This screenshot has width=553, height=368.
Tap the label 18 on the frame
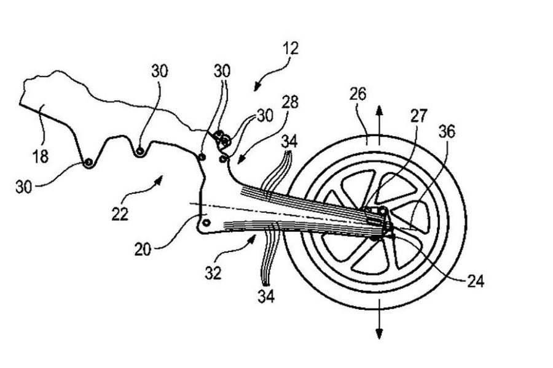40,156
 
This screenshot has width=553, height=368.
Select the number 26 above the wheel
358,94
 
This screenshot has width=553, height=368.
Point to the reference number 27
418,116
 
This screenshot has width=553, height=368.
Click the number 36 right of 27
447,131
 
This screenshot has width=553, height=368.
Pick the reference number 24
476,281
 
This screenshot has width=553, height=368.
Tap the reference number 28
290,102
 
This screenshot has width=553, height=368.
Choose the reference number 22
120,214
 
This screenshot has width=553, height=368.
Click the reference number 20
143,250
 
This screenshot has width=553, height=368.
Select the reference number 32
213,273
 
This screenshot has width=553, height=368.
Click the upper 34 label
289,142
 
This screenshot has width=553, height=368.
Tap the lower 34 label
266,296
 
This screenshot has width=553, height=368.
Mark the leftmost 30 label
23,186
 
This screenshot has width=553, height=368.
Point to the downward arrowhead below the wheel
380,333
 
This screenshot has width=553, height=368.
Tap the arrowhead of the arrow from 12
257,88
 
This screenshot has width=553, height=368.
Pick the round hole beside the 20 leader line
206,223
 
